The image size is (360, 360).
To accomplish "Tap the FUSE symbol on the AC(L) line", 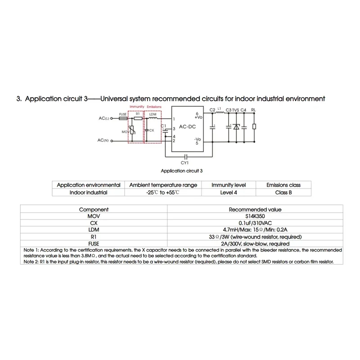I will (x=123, y=119).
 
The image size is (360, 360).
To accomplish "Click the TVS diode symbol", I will (x=234, y=127).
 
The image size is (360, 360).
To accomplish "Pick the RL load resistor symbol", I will (x=255, y=127).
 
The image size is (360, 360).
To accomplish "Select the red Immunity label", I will (x=136, y=107).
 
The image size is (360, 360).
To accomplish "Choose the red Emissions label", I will (x=154, y=107).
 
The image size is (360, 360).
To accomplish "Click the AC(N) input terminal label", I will (x=103, y=141).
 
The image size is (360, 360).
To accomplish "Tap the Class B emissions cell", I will (x=283, y=192).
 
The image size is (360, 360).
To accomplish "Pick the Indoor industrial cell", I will (x=88, y=192).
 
